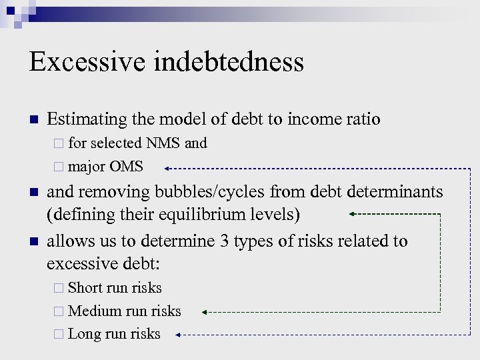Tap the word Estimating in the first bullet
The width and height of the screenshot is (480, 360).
[87, 119]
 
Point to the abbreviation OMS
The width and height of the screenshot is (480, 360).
[126, 167]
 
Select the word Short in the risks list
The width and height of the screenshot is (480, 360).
[87, 288]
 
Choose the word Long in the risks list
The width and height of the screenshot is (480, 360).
[85, 334]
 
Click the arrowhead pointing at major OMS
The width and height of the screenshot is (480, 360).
[167, 168]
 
